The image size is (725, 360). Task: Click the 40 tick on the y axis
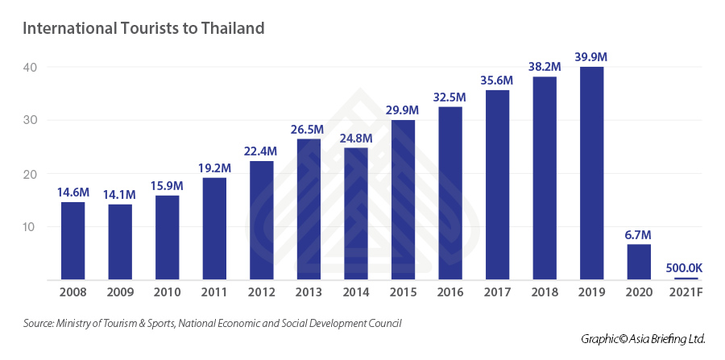pos(31,67)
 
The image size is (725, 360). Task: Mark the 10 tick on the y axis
pos(31,227)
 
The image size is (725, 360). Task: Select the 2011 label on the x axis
pos(213,295)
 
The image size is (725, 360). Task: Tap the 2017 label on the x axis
pos(498,295)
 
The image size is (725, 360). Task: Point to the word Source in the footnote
pos(38,324)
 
